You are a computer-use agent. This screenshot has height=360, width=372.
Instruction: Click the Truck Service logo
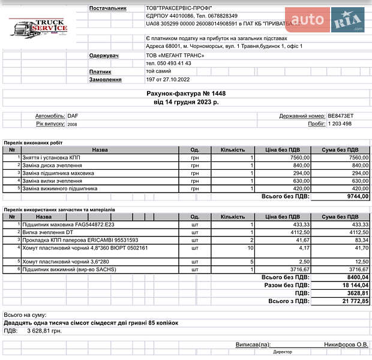coord(38,28)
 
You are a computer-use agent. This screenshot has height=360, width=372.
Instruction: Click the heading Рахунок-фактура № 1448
coord(186,94)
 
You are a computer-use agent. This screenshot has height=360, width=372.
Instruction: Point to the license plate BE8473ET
coord(341,116)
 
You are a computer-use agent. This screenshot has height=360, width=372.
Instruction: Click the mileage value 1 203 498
coord(340,124)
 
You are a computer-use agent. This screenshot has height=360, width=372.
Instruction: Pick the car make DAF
coord(73,116)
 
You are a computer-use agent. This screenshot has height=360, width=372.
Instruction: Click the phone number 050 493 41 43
coord(169,63)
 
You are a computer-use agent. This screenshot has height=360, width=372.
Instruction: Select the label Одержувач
coord(105,55)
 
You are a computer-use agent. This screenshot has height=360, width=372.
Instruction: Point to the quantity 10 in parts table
coord(250,247)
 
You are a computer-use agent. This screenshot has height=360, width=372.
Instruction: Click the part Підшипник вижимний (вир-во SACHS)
coord(69,269)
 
